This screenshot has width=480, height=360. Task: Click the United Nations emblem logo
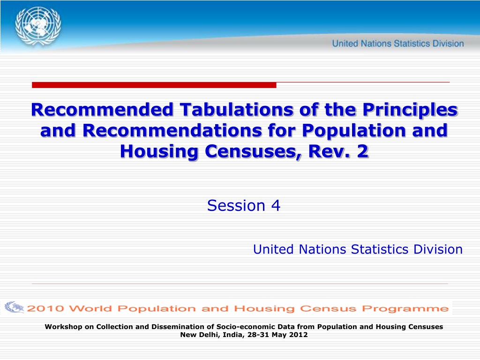click(38, 27)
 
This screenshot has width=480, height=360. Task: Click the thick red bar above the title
click(154, 85)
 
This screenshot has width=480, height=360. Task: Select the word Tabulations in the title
click(236, 110)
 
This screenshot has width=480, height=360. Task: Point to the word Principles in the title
click(410, 110)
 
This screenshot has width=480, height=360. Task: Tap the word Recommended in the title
click(102, 110)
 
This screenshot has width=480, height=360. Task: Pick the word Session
click(236, 205)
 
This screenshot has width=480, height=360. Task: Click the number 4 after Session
click(276, 205)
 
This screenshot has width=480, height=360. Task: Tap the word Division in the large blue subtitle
click(438, 249)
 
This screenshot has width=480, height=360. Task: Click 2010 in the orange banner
click(45, 308)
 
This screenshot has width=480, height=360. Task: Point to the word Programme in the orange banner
click(405, 308)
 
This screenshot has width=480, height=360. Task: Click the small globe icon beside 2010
click(15, 307)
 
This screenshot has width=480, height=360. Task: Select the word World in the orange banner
click(90, 308)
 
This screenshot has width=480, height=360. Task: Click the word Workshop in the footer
click(63, 327)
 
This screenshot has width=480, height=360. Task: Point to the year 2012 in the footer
click(299, 335)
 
